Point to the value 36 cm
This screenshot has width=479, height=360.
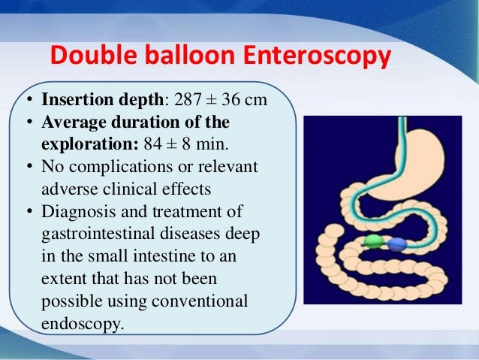[x=251, y=100]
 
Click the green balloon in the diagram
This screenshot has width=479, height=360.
[x=373, y=242]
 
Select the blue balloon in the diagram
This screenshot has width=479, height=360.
[x=396, y=244]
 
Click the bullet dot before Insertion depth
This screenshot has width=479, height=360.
[x=28, y=101]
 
